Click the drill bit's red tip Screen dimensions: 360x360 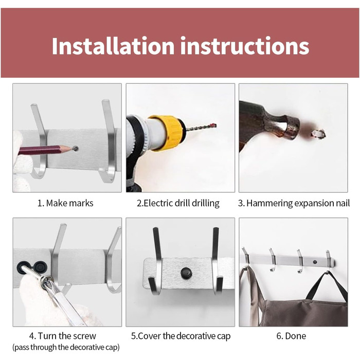pyautogui.click(x=214, y=125)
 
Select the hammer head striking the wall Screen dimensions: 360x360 pyautogui.click(x=268, y=124)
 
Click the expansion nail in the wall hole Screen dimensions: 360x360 pyautogui.click(x=318, y=134)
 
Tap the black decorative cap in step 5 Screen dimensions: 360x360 pyautogui.click(x=186, y=273)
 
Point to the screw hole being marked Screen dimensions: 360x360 pyautogui.click(x=76, y=149)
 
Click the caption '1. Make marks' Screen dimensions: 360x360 pyautogui.click(x=65, y=203)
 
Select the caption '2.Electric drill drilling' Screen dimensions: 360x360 pyautogui.click(x=178, y=204)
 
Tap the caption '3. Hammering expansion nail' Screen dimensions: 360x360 pyautogui.click(x=294, y=204)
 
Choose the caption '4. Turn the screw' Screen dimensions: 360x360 pyautogui.click(x=63, y=336)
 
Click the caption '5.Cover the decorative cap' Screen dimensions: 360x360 pyautogui.click(x=181, y=336)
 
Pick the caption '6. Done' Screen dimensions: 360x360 pyautogui.click(x=292, y=336)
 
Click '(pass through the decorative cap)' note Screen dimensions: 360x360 pyautogui.click(x=66, y=347)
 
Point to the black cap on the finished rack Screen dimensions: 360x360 pyautogui.click(x=314, y=262)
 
